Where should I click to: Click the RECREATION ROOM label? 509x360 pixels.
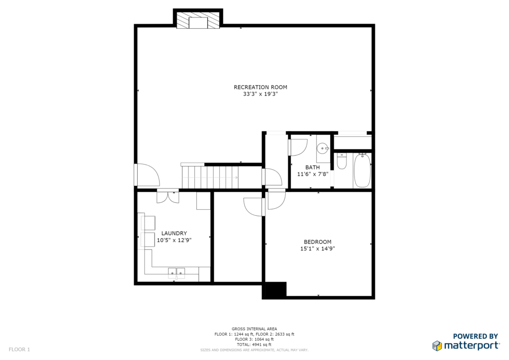[x=260, y=87]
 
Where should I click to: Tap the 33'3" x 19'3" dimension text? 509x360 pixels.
[x=260, y=94]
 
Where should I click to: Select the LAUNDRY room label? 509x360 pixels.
[x=174, y=233]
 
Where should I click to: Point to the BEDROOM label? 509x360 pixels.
[x=318, y=242]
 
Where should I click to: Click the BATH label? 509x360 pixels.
[x=312, y=167]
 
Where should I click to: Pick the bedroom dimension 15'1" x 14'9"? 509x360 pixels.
[x=318, y=249]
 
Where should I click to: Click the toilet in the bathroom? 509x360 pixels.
[x=341, y=161]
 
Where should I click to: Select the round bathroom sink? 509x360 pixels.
[x=323, y=149]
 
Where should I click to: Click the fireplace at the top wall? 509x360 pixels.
[x=198, y=20]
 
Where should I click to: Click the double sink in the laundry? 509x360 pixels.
[x=176, y=273]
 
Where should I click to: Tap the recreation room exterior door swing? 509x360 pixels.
[x=147, y=175]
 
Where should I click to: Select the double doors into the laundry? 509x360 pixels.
[x=168, y=197]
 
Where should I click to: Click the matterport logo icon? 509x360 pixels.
[x=437, y=346]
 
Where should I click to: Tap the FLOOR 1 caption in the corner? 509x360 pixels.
[x=19, y=350]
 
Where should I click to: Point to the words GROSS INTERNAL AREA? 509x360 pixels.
[x=254, y=329]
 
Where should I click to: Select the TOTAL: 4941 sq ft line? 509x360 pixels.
[x=254, y=345]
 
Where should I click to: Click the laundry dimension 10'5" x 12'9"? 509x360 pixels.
[x=174, y=240]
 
